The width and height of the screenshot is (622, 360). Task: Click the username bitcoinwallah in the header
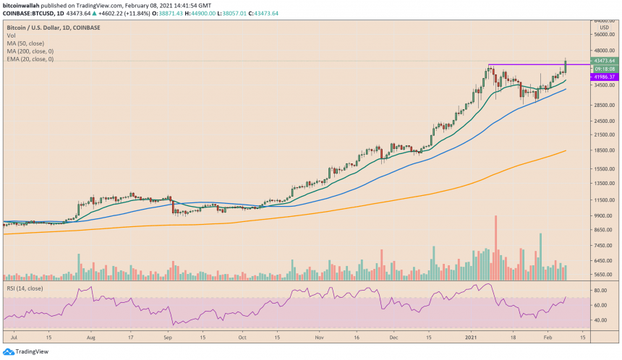22,4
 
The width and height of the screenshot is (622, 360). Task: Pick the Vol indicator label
11,35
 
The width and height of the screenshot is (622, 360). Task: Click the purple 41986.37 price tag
602,77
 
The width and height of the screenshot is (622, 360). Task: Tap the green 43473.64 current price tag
602,61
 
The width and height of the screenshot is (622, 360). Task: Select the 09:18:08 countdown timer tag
602,69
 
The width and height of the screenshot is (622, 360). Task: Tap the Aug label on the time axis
91,336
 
